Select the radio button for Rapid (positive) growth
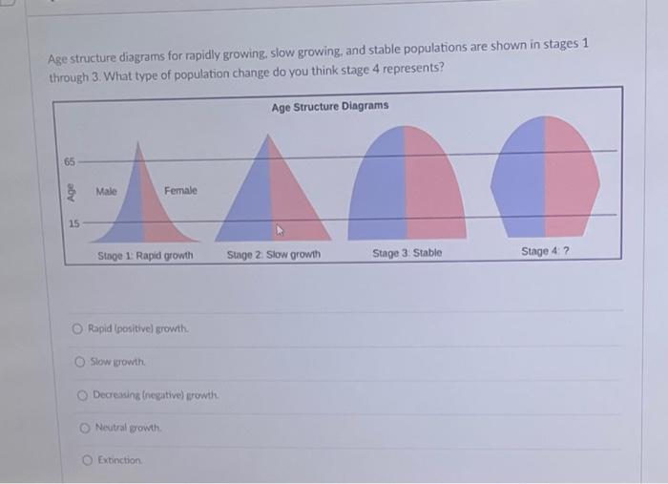point(77,328)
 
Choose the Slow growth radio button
point(81,361)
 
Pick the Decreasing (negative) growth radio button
point(83,394)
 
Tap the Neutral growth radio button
point(84,427)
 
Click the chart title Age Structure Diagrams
point(330,106)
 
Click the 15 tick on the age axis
point(73,223)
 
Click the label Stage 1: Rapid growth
point(145,256)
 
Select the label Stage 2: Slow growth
point(273,255)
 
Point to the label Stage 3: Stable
point(407,253)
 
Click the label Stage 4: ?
point(545,251)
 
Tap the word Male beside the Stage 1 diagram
point(107,192)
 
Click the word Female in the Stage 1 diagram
point(180,191)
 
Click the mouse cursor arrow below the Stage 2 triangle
point(281,230)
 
